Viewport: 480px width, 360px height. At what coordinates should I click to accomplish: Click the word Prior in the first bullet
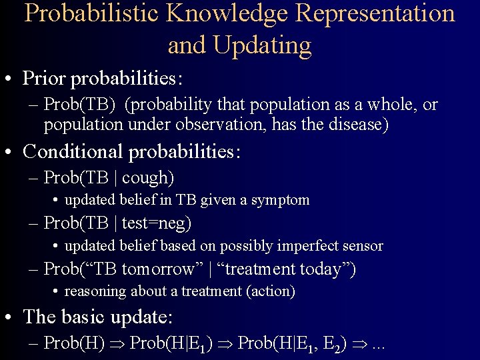coord(45,79)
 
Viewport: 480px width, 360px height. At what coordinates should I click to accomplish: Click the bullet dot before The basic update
coord(11,316)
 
